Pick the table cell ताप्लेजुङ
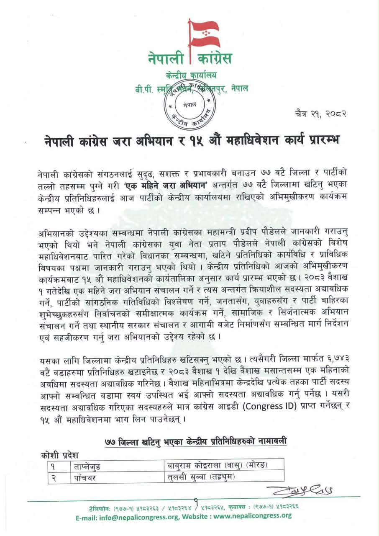87,465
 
